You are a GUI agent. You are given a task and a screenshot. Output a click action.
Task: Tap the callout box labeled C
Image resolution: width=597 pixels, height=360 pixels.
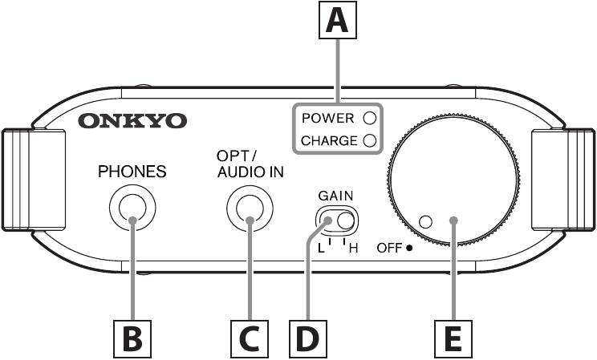pos(250,338)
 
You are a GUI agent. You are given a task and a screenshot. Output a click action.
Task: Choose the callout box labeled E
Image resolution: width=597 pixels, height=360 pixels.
pos(453,338)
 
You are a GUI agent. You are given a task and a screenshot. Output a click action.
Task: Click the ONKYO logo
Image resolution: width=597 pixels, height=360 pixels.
pos(132,121)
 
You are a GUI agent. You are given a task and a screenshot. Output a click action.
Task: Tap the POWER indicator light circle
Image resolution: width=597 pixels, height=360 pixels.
pos(370,118)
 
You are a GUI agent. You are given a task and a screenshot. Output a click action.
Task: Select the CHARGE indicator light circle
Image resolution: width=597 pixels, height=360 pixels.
pos(370,141)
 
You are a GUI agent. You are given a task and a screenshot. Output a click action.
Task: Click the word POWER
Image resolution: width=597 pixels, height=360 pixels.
pos(327,118)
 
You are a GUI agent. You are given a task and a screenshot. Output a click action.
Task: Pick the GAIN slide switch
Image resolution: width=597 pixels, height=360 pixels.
pos(335,219)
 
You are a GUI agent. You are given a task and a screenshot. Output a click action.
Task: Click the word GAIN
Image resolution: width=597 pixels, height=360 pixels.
pos(335,195)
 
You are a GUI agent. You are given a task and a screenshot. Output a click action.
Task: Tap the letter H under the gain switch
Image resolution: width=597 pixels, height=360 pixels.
pos(351,248)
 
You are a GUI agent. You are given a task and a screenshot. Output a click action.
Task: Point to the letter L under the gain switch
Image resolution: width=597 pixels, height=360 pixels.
pos(320,248)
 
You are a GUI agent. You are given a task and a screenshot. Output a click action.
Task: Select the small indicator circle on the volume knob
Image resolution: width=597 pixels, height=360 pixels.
pos(426,221)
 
